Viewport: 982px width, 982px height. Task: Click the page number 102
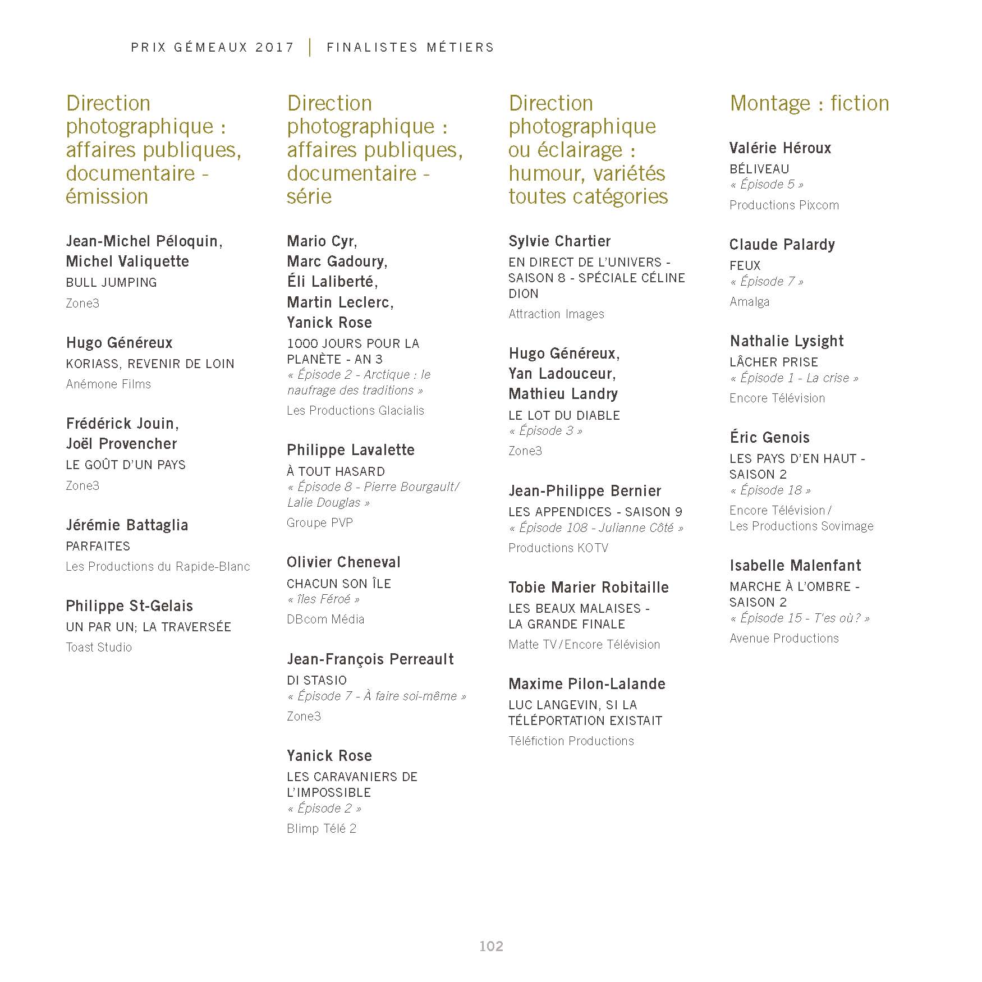[491, 946]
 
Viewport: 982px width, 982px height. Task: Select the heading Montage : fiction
[809, 103]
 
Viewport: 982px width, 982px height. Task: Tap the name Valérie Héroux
[780, 148]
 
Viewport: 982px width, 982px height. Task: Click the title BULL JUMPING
[111, 282]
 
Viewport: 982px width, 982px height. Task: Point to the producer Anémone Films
[108, 384]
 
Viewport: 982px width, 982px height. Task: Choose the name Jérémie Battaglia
[127, 525]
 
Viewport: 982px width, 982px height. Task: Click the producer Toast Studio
[99, 648]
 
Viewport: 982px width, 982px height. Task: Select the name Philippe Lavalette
[351, 450]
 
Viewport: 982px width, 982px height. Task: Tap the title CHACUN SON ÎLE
[339, 584]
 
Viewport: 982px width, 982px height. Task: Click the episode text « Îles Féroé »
[324, 599]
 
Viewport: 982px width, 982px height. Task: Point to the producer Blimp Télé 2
[322, 829]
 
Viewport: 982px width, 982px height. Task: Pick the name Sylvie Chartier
[559, 241]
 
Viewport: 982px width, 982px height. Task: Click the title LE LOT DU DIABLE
[564, 416]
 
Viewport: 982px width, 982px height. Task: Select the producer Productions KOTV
[558, 548]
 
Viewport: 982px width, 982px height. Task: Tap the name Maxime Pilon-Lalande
[587, 684]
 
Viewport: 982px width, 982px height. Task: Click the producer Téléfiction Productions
[571, 741]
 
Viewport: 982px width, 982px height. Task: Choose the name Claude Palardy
[782, 245]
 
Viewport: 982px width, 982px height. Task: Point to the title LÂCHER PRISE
[774, 362]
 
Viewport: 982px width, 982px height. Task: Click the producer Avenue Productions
[784, 639]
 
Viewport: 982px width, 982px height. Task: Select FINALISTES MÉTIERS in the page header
[410, 48]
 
